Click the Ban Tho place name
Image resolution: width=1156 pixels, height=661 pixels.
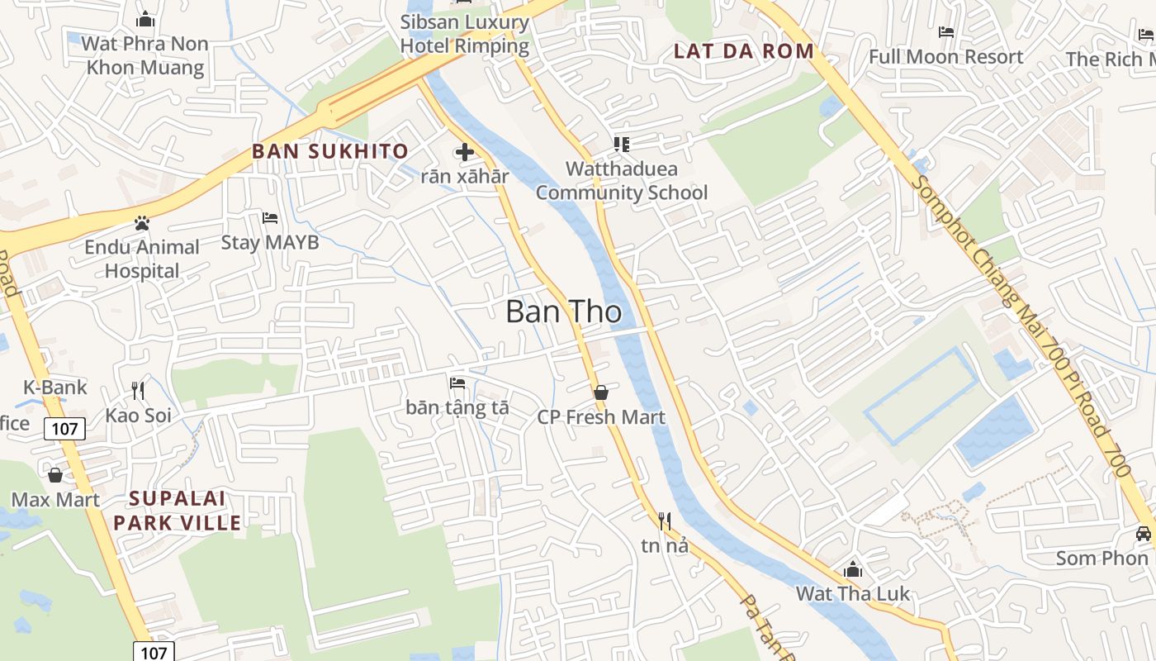(563, 311)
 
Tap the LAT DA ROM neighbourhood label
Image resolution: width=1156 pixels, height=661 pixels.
(744, 51)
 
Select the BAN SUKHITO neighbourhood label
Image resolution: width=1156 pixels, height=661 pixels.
(330, 151)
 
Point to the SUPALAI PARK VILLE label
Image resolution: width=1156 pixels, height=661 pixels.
(178, 511)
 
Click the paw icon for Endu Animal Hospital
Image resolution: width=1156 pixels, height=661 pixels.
(142, 223)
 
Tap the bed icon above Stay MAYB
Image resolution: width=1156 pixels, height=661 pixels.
(270, 218)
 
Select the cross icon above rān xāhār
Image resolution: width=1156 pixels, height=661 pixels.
(465, 152)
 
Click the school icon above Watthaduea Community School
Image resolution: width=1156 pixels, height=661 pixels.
(622, 145)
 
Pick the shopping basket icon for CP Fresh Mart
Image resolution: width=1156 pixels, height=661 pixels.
(601, 392)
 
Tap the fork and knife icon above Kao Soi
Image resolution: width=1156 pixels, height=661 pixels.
(138, 391)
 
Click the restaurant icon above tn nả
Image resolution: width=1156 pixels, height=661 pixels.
(664, 521)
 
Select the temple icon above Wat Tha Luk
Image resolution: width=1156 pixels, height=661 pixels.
(853, 569)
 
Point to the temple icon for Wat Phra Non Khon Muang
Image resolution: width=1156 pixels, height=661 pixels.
(145, 19)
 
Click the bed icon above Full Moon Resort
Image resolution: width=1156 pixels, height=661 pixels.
(946, 32)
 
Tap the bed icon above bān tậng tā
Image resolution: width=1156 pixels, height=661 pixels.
(457, 383)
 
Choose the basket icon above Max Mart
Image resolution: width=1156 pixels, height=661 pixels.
(55, 475)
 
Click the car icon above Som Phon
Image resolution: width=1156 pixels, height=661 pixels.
(1143, 534)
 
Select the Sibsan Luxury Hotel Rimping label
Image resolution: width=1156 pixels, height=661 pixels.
(465, 34)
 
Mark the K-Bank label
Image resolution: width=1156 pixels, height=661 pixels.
(54, 387)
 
